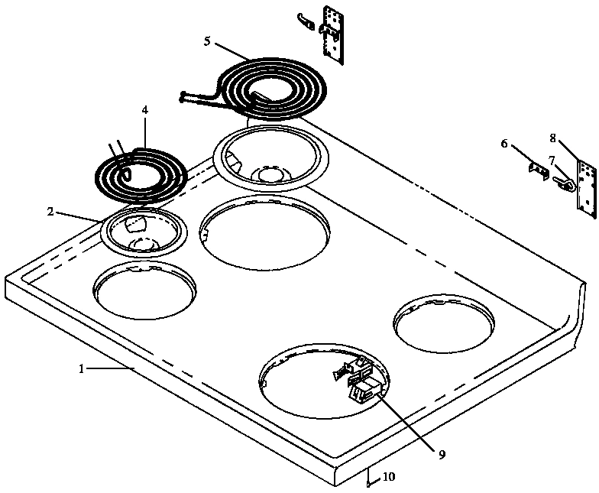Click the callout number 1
82,368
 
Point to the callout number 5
207,41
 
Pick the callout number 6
504,143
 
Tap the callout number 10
389,477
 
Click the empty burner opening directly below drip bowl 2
144,290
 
